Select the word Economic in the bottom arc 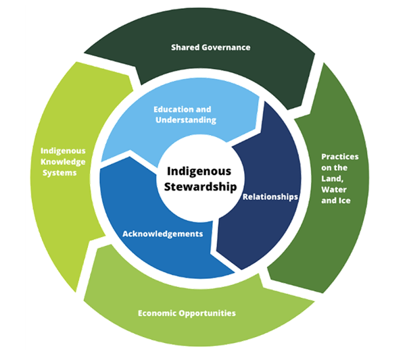tap(159, 313)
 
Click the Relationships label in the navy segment tap(270, 197)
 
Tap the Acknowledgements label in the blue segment tap(162, 233)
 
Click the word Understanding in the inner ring tap(184, 120)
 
